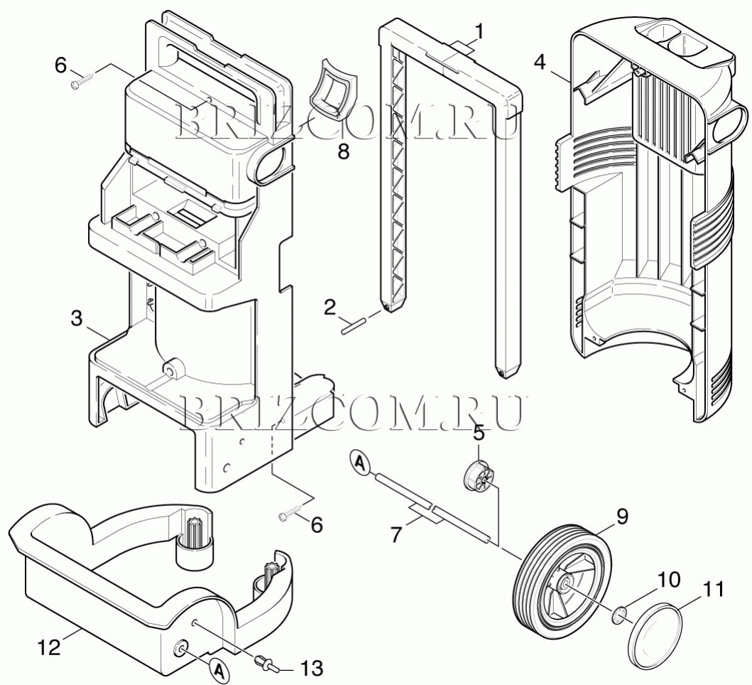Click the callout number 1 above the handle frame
click(479, 33)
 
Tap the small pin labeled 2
click(354, 325)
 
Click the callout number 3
click(77, 319)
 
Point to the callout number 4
click(540, 62)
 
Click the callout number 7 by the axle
click(396, 534)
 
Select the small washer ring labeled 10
click(619, 615)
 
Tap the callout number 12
click(50, 647)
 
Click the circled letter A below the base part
click(218, 669)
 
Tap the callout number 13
click(310, 668)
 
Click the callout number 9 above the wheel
click(621, 517)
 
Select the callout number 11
click(713, 589)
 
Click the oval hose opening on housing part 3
click(268, 164)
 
